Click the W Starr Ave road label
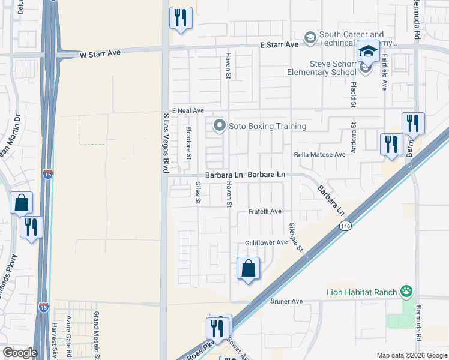[x=100, y=53]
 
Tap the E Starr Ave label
[x=279, y=45]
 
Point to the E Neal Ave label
[x=188, y=111]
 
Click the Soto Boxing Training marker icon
[x=220, y=126]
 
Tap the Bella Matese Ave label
[x=320, y=154]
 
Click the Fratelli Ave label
[x=265, y=212]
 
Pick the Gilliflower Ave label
[x=266, y=242]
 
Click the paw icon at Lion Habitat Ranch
[x=407, y=292]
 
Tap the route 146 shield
[x=344, y=226]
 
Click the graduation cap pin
[x=368, y=52]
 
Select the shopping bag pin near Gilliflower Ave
[x=248, y=269]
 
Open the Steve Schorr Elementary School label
[x=333, y=68]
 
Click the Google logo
[x=20, y=353]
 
